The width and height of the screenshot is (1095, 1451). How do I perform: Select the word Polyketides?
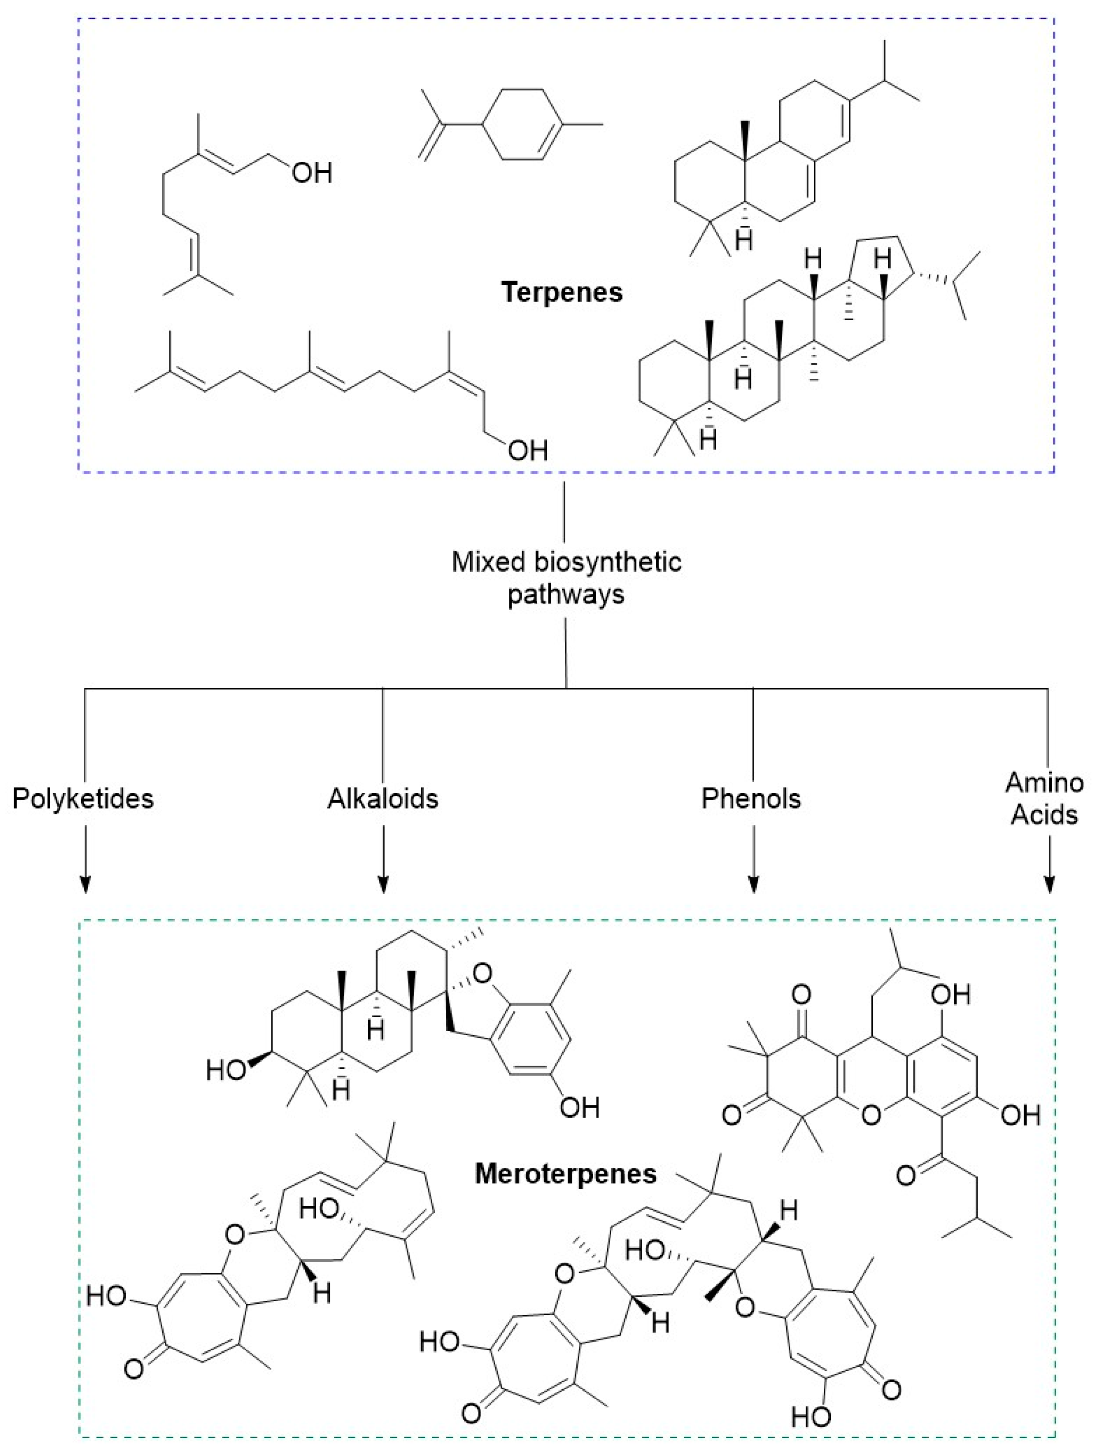coord(83,799)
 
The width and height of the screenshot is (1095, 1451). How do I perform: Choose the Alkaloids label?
coord(383,799)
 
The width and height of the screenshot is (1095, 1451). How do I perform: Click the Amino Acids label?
coord(1044,799)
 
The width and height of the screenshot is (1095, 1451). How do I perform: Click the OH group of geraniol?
coord(312,173)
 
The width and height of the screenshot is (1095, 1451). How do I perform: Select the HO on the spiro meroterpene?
coord(226,1071)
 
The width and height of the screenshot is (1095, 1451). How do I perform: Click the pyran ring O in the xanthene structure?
coord(870,1115)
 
